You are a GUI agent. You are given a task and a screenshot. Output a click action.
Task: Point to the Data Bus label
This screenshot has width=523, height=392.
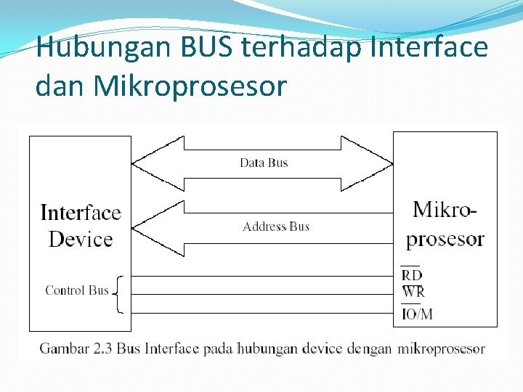[264, 163]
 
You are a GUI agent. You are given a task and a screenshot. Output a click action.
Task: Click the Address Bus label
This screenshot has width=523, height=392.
[276, 226]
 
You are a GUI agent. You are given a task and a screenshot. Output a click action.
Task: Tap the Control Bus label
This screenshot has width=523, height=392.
[76, 290]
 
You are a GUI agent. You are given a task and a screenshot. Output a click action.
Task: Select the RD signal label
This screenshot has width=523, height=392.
[412, 275]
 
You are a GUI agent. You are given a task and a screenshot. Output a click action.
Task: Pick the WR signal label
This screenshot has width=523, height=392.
[413, 293]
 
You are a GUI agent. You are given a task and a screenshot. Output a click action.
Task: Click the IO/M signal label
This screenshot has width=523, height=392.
[417, 314]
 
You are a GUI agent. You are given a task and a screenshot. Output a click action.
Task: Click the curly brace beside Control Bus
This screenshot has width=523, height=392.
[119, 294]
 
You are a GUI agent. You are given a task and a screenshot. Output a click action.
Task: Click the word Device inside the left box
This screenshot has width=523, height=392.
[81, 239]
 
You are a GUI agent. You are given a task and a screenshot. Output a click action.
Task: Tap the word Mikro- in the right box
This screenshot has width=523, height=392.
[445, 210]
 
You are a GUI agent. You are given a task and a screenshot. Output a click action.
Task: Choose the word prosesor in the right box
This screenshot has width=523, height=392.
[445, 239]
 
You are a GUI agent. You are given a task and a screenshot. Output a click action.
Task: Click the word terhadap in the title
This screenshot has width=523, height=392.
[304, 49]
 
